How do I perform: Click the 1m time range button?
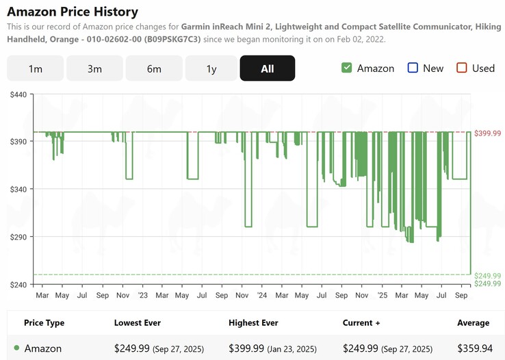click(35, 68)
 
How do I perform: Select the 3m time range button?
click(94, 68)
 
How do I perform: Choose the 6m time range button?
click(154, 68)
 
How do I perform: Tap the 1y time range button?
click(211, 68)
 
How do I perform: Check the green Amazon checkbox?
click(346, 68)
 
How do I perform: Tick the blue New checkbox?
click(412, 68)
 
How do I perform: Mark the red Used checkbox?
click(461, 68)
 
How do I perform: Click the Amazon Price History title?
click(73, 12)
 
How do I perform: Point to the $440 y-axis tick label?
click(18, 94)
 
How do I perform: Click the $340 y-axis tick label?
click(18, 189)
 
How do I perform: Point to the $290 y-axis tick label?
click(18, 237)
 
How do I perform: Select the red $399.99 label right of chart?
click(487, 133)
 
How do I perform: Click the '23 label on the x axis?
click(142, 296)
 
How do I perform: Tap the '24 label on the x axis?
click(262, 296)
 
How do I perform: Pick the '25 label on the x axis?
click(382, 296)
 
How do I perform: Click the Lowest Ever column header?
click(137, 323)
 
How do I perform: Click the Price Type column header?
click(44, 323)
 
